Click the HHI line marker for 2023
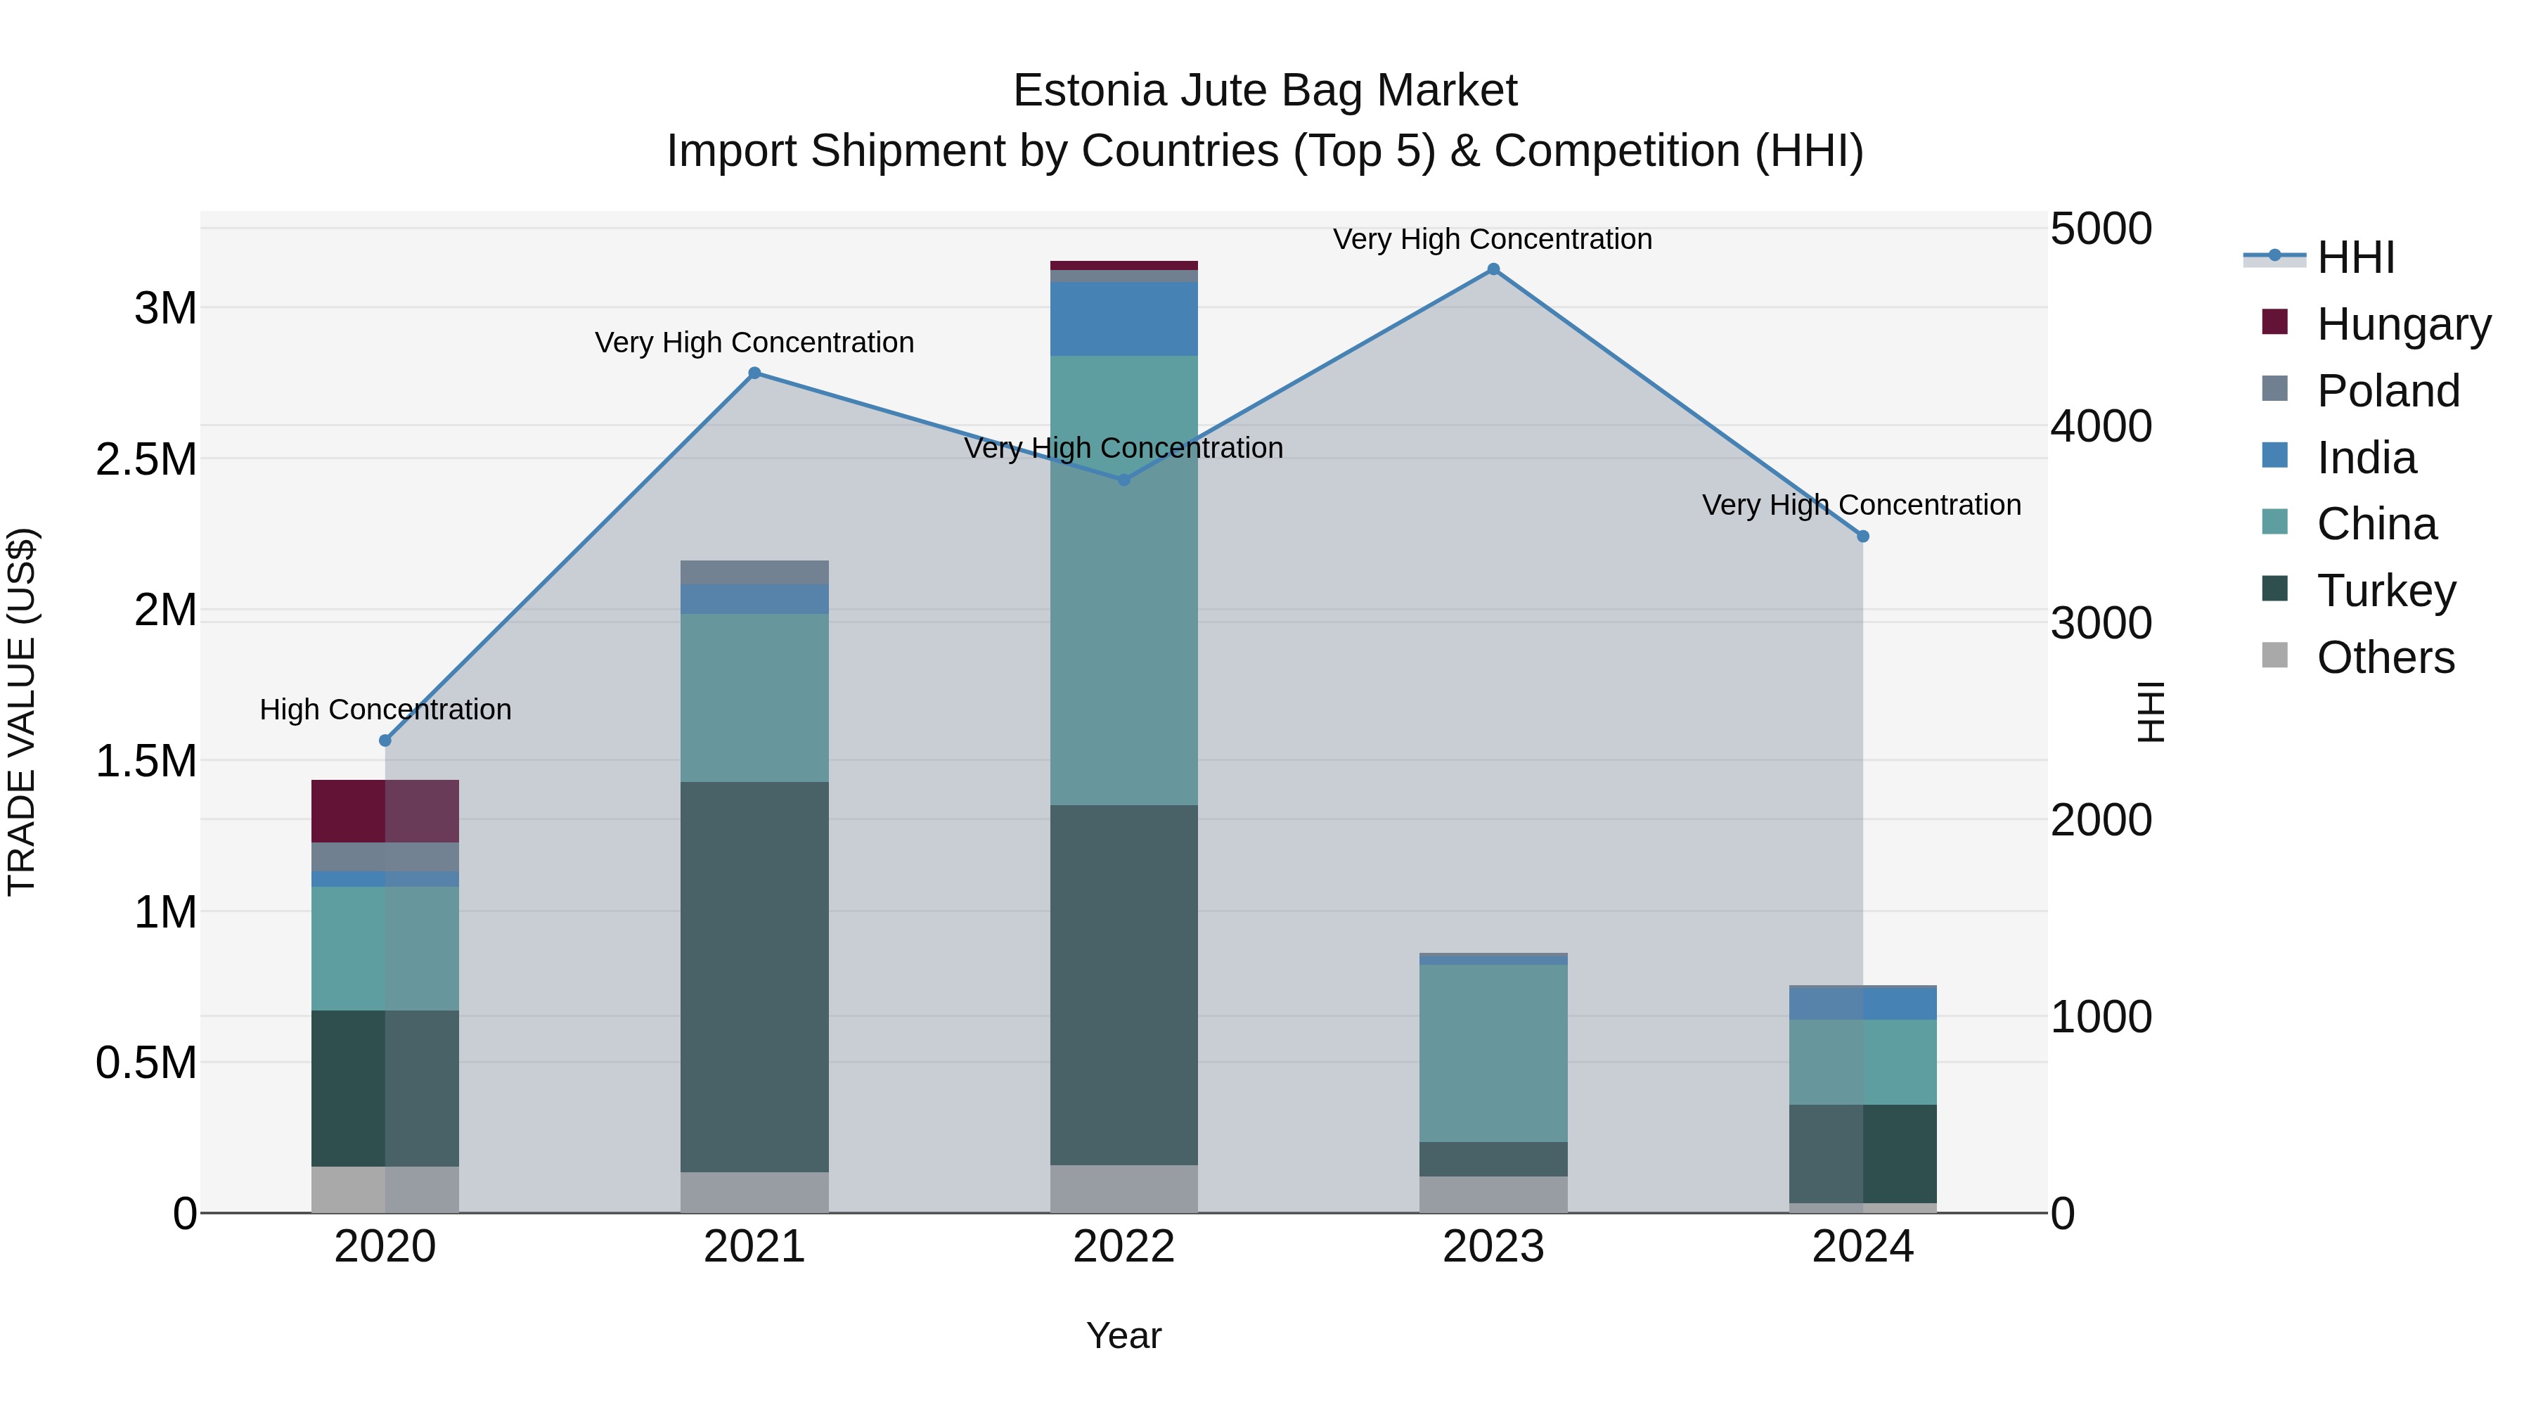click(x=1493, y=269)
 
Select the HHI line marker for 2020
click(x=385, y=740)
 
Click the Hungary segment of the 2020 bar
click(x=385, y=811)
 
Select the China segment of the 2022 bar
click(x=1124, y=580)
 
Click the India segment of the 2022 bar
click(x=1124, y=319)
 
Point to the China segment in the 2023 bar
click(x=1493, y=1053)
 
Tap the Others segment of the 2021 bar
click(x=754, y=1191)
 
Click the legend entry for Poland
click(x=2388, y=390)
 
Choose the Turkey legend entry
click(x=2385, y=591)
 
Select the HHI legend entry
click(x=2356, y=257)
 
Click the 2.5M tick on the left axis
click(x=146, y=459)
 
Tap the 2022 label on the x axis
click(x=1124, y=1247)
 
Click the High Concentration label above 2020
click(x=385, y=709)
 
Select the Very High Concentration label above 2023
click(x=1493, y=239)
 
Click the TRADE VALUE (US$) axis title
click(x=22, y=712)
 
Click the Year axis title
click(x=1124, y=1335)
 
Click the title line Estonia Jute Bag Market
click(x=1265, y=91)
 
